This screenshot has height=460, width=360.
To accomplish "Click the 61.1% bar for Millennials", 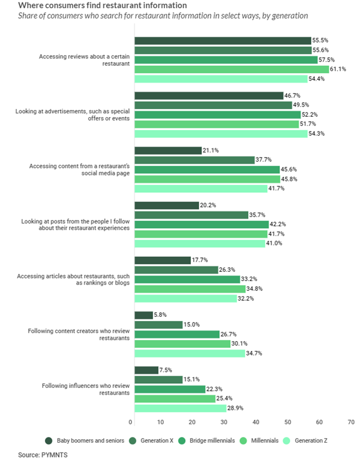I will (x=231, y=69).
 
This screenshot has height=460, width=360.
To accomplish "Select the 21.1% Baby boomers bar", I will (x=167, y=151).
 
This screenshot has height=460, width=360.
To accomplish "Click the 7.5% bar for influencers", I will (x=146, y=370).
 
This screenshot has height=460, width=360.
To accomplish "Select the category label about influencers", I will (x=85, y=389).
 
